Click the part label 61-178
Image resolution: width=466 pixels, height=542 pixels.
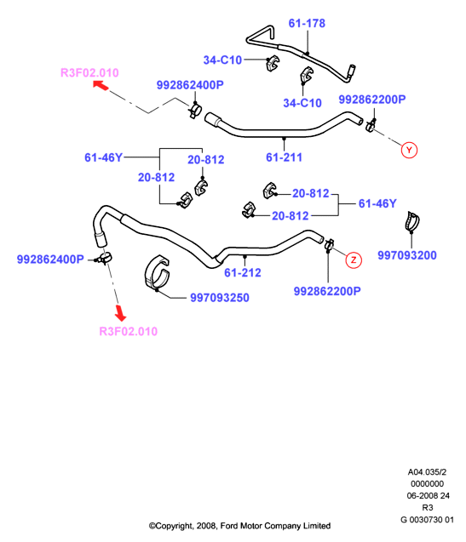[x=307, y=23]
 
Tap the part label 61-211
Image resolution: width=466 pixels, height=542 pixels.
[x=284, y=157]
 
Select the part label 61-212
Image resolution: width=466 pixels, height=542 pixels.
[x=242, y=273]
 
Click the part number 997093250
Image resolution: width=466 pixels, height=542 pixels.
[x=220, y=298]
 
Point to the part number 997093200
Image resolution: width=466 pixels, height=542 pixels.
[x=407, y=255]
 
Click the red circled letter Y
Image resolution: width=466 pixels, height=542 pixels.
[x=409, y=150]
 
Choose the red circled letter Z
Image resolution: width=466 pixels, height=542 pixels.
[x=354, y=260]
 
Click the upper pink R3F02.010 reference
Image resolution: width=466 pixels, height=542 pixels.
[x=89, y=72]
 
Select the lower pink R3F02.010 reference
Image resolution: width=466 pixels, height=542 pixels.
[x=128, y=331]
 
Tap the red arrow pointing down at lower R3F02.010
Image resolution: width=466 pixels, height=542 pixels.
[x=120, y=313]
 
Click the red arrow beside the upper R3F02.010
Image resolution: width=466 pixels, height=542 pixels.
[x=101, y=85]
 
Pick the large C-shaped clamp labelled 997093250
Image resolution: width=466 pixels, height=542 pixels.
[x=157, y=272]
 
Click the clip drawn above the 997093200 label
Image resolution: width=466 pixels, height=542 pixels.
[x=412, y=221]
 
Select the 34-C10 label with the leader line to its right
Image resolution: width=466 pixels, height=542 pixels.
[x=222, y=60]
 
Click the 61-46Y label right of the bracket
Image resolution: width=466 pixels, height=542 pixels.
[x=377, y=203]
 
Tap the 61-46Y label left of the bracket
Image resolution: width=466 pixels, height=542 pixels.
[x=104, y=157]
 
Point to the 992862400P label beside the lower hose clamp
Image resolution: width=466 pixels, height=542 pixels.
[x=50, y=260]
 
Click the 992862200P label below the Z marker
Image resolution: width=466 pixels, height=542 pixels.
[x=327, y=291]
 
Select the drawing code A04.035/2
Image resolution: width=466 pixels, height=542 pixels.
[x=427, y=472]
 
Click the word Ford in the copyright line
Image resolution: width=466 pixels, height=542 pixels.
[x=229, y=526]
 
